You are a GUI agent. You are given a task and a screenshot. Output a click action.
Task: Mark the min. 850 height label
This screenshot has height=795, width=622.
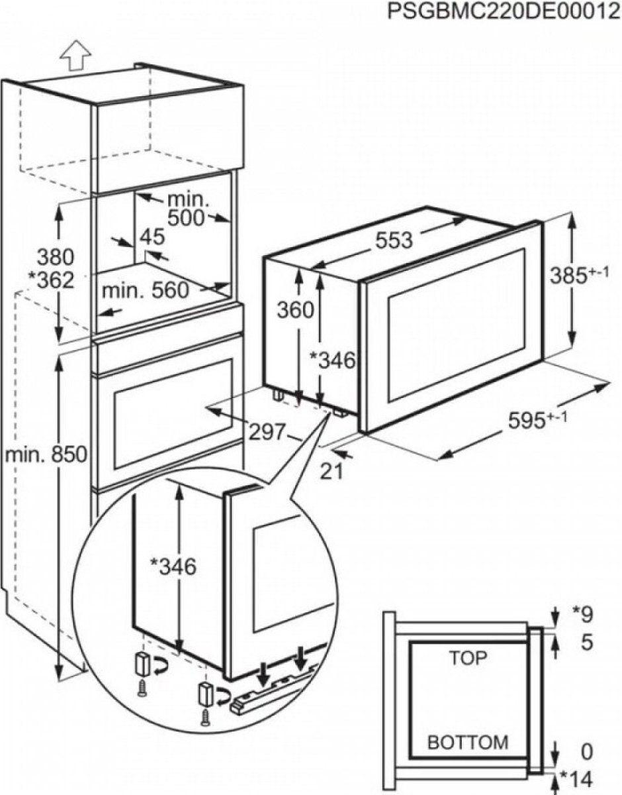coord(46,455)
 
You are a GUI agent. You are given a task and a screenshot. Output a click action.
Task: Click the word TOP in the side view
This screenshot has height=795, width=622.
coord(468,658)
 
